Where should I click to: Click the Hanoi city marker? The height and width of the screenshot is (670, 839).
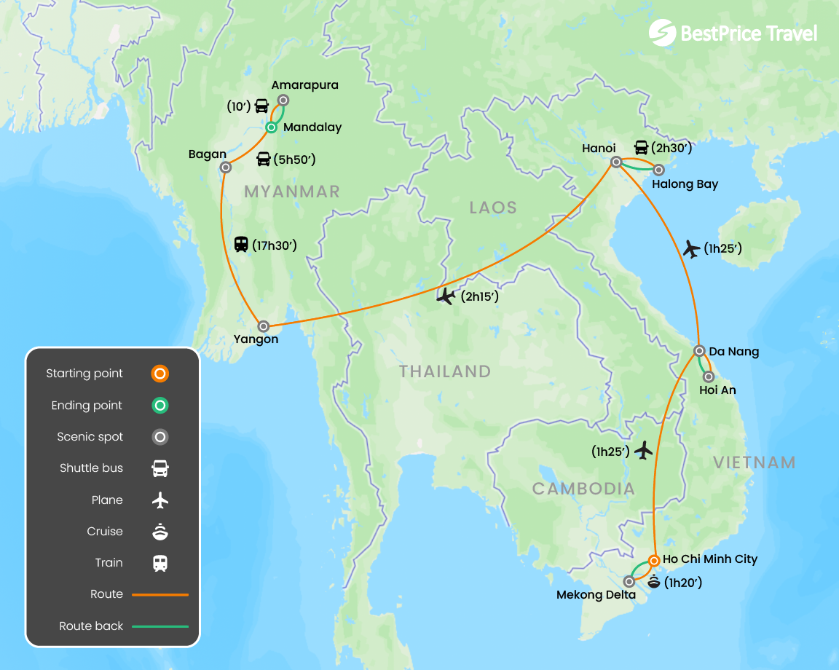point(616,162)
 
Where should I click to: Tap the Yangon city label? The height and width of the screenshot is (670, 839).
point(256,339)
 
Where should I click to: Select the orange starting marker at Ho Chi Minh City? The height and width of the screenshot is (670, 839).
point(654,561)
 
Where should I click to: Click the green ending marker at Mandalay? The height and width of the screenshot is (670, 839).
point(271,127)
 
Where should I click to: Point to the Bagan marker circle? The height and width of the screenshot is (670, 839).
point(226,167)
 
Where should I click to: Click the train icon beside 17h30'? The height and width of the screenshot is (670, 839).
point(241,245)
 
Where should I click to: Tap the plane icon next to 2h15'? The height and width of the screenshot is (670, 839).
point(446,296)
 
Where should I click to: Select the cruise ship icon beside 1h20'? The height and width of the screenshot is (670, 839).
point(653,582)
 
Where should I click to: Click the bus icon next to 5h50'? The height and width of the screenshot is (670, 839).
point(264,159)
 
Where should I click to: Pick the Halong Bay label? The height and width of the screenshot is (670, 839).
point(685,184)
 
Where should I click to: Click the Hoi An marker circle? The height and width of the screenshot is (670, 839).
point(709,377)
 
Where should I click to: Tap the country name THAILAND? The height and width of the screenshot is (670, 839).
point(444,371)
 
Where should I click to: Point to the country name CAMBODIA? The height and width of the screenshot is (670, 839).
point(583,489)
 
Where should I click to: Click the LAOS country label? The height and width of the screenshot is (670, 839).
point(492,208)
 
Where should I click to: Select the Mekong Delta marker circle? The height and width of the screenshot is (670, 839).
point(629,581)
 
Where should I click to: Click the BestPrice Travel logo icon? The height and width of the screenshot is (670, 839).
point(662,33)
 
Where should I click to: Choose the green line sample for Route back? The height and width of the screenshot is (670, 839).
point(160,626)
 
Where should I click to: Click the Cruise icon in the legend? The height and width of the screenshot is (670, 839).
point(160,532)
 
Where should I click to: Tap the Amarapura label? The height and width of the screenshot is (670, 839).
point(305,85)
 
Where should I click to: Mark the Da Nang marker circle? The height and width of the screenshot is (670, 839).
point(698,350)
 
